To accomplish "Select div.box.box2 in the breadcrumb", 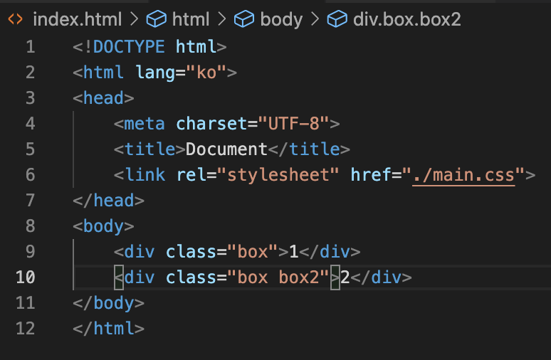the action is pyautogui.click(x=406, y=19).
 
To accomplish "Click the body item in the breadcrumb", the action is pyautogui.click(x=281, y=19).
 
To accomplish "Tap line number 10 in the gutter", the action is pyautogui.click(x=25, y=277).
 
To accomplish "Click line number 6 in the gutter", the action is pyautogui.click(x=29, y=175).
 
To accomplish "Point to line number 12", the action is pyautogui.click(x=25, y=329).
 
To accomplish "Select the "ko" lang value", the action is pyautogui.click(x=211, y=73).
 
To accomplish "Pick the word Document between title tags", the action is pyautogui.click(x=226, y=149).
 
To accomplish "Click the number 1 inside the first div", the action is pyautogui.click(x=293, y=252).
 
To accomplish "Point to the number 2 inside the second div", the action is pyautogui.click(x=345, y=277).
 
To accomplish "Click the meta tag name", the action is pyautogui.click(x=145, y=124).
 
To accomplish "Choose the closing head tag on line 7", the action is pyautogui.click(x=109, y=201).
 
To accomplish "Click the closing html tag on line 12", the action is pyautogui.click(x=109, y=329).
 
